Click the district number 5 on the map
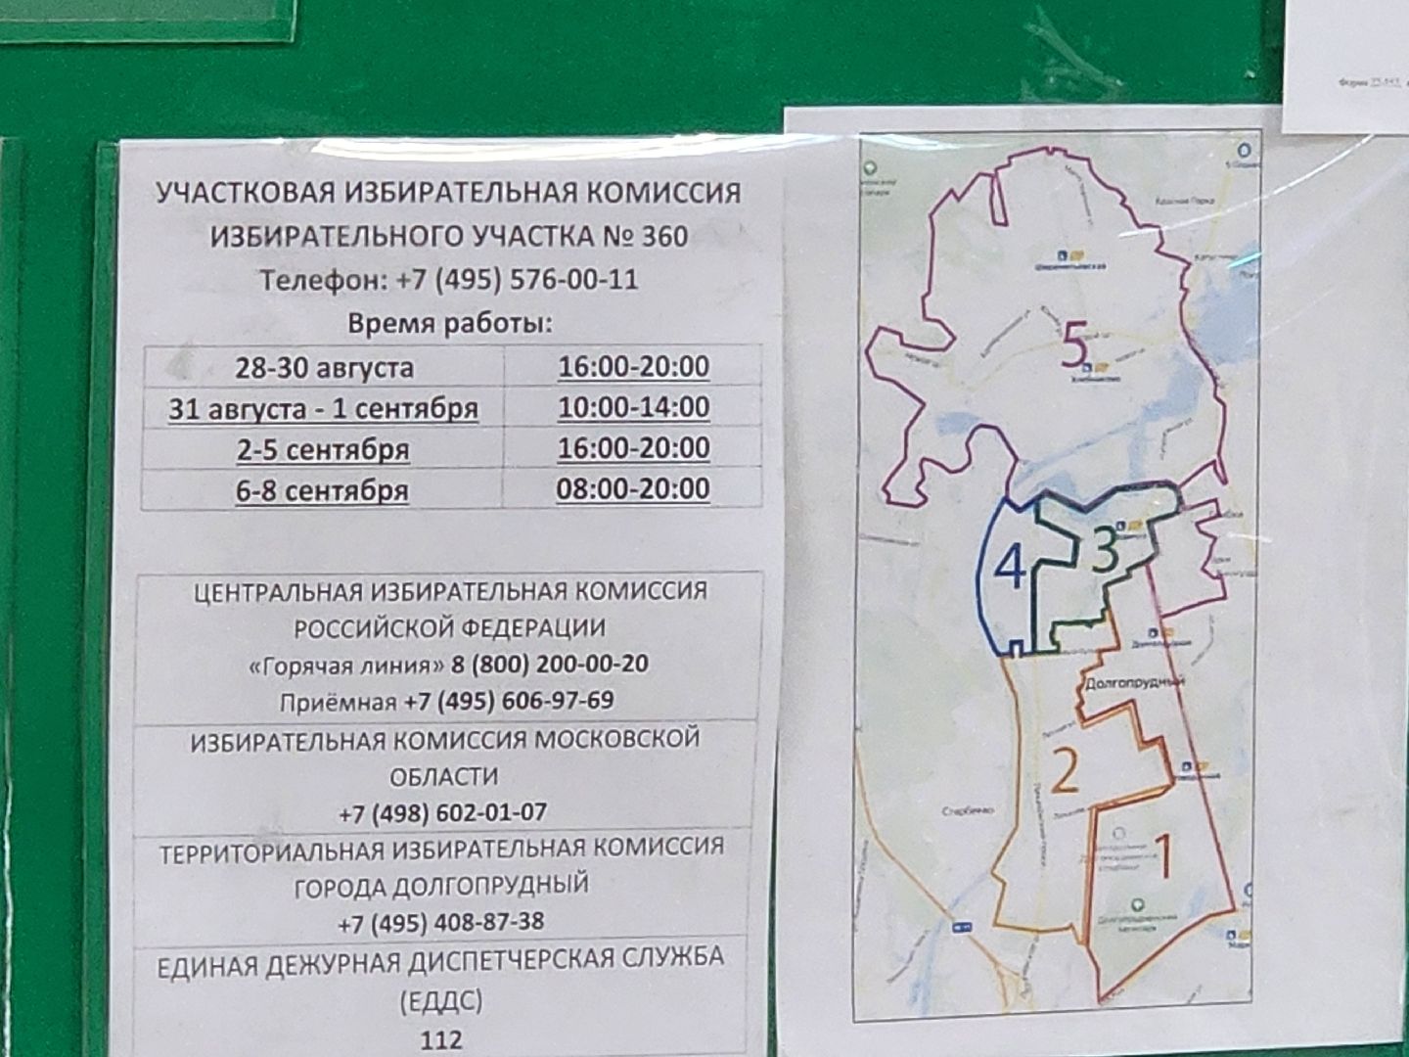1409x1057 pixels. pyautogui.click(x=1073, y=345)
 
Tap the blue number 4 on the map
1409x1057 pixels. pyautogui.click(x=1010, y=567)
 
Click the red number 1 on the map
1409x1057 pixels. pyautogui.click(x=1161, y=857)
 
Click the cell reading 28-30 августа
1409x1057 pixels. pyautogui.click(x=324, y=368)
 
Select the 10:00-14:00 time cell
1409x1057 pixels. pyautogui.click(x=633, y=407)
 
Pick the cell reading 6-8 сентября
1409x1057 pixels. pyautogui.click(x=322, y=489)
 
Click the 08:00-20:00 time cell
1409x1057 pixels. pyautogui.click(x=633, y=488)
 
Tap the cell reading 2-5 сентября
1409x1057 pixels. pyautogui.click(x=322, y=449)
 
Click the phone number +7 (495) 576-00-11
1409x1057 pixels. pyautogui.click(x=517, y=280)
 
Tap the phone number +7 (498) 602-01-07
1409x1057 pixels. pyautogui.click(x=442, y=813)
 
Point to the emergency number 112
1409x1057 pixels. pyautogui.click(x=440, y=1039)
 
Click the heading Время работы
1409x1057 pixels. pyautogui.click(x=450, y=324)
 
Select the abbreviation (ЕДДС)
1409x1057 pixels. pyautogui.click(x=440, y=1002)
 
